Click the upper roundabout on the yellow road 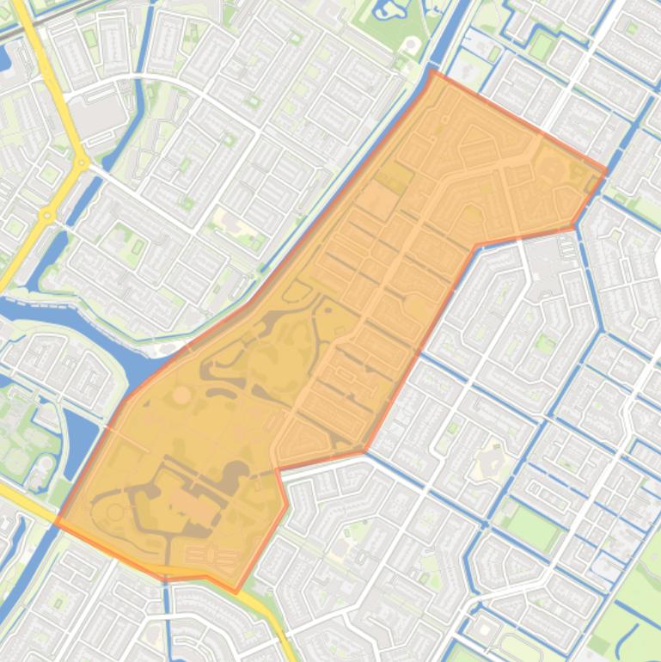pos(82,161)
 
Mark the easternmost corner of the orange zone pos(605,171)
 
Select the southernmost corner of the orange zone pos(236,592)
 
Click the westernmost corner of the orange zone pos(57,522)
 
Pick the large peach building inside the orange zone pos(198,507)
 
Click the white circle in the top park pos(412,44)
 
